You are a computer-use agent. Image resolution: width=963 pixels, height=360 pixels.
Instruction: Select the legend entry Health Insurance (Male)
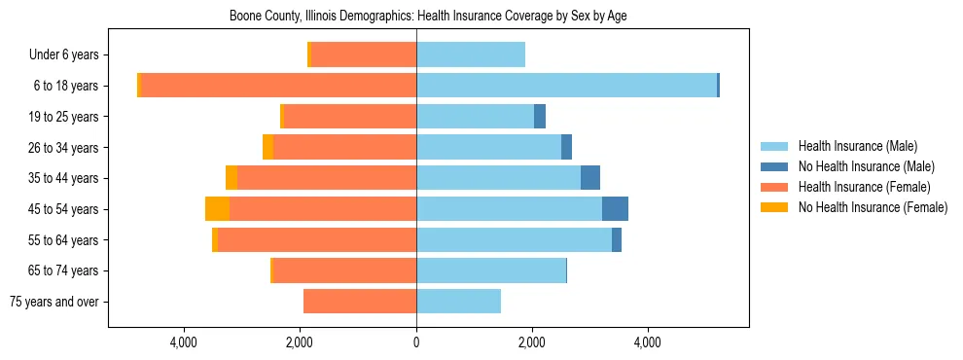pyautogui.click(x=856, y=146)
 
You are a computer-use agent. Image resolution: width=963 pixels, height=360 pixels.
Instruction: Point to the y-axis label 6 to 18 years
pyautogui.click(x=65, y=86)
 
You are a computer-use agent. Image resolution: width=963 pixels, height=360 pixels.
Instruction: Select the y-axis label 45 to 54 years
pyautogui.click(x=63, y=209)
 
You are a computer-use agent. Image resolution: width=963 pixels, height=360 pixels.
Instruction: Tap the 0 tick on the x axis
pyautogui.click(x=416, y=342)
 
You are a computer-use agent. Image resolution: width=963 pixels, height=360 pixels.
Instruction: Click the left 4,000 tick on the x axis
pyautogui.click(x=184, y=342)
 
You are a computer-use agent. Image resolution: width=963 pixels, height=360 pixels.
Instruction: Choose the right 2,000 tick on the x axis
pyautogui.click(x=532, y=342)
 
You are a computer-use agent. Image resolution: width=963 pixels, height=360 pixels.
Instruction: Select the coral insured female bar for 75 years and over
pyautogui.click(x=360, y=302)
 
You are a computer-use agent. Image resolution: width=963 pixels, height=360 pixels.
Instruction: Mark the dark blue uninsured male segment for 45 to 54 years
pyautogui.click(x=615, y=209)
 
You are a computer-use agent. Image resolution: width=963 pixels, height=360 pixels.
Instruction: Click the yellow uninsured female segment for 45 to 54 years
pyautogui.click(x=217, y=209)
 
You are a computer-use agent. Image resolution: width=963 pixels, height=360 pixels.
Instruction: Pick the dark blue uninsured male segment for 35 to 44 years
pyautogui.click(x=590, y=178)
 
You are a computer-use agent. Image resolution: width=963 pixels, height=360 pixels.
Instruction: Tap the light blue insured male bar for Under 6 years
pyautogui.click(x=471, y=55)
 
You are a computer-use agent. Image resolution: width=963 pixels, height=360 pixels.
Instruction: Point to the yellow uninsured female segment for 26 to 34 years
pyautogui.click(x=267, y=147)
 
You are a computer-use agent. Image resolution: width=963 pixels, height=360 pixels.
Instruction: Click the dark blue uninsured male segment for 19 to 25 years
pyautogui.click(x=540, y=117)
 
